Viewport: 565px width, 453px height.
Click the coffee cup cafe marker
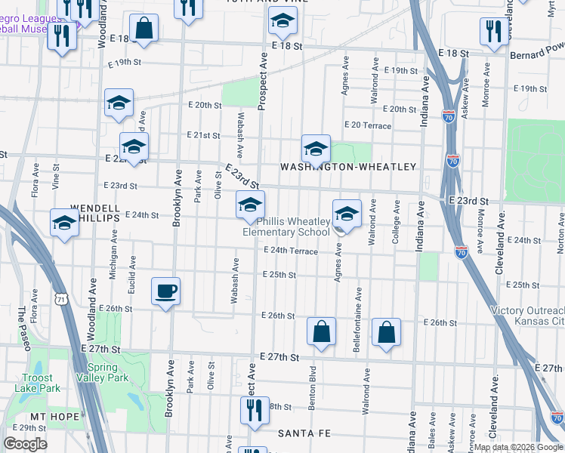165,291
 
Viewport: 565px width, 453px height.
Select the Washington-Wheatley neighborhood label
348,166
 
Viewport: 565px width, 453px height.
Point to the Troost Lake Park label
33,383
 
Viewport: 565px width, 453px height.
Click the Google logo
25,444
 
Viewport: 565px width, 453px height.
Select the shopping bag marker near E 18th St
146,28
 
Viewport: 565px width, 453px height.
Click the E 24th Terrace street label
290,251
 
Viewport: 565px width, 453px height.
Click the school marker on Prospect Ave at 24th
251,205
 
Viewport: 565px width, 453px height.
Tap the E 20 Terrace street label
367,125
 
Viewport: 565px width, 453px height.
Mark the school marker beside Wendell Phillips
64,223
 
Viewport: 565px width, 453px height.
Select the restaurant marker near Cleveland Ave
493,31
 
